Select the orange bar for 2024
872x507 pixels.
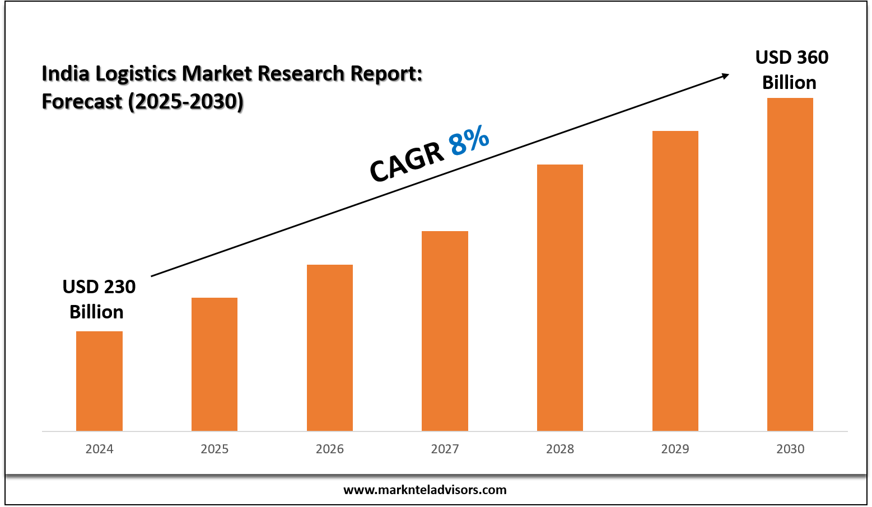[x=99, y=381]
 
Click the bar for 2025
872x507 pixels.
[x=214, y=364]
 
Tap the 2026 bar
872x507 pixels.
[x=330, y=348]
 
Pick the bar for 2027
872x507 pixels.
[x=445, y=331]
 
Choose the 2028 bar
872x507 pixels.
[x=560, y=298]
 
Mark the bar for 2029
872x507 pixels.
[x=675, y=281]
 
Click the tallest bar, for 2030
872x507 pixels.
[x=790, y=264]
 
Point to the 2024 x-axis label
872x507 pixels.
[x=99, y=449]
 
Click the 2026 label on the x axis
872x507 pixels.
[x=330, y=449]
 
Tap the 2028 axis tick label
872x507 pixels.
[x=560, y=449]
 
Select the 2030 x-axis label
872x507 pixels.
[x=790, y=449]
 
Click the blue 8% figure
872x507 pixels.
[x=469, y=142]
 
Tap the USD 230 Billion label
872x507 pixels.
[x=99, y=299]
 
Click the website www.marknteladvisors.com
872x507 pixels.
[x=425, y=490]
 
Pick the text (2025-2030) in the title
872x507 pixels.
[x=185, y=102]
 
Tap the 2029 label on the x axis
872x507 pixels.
[x=675, y=449]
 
